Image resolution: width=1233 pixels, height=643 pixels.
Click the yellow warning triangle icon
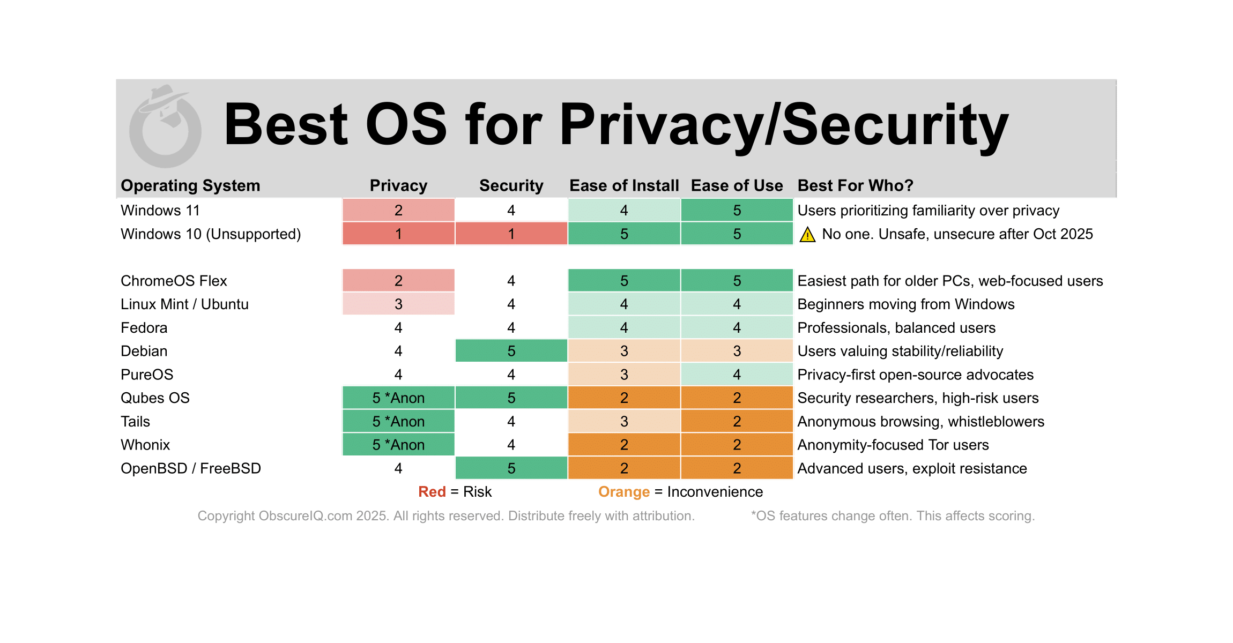807,235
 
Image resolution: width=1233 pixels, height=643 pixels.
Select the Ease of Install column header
624,185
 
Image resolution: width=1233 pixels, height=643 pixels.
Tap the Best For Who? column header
855,185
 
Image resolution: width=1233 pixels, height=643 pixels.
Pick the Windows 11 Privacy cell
398,210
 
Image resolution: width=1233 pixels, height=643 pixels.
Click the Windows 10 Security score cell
511,234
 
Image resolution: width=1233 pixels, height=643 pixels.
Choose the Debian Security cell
511,351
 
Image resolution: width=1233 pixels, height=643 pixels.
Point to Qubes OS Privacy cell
398,398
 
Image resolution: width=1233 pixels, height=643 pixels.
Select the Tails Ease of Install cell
624,421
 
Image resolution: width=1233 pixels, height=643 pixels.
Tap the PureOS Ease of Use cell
737,375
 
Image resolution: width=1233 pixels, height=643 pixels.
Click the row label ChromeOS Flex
174,281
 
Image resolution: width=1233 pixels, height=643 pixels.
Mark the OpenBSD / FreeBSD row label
191,468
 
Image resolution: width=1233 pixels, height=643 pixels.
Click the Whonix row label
145,445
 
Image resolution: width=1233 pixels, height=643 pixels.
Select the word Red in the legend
432,492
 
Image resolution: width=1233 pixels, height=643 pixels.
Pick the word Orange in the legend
624,492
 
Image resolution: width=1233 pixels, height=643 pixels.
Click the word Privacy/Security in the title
784,125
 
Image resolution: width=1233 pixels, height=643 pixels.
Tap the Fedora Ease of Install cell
624,327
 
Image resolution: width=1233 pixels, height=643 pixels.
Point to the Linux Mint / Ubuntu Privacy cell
398,304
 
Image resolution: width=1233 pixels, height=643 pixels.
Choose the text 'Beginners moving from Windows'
906,304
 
